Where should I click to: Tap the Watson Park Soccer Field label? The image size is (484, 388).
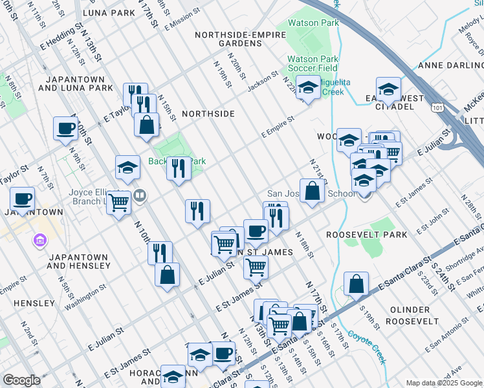coord(313,63)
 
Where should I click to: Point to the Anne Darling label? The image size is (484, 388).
coord(450,65)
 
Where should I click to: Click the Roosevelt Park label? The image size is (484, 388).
coord(357,235)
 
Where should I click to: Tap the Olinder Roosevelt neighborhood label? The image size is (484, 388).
coord(419,316)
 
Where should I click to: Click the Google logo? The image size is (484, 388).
coord(21,380)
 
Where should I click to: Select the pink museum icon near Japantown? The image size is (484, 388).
coord(39,241)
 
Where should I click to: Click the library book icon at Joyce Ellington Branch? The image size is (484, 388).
coord(139,195)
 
